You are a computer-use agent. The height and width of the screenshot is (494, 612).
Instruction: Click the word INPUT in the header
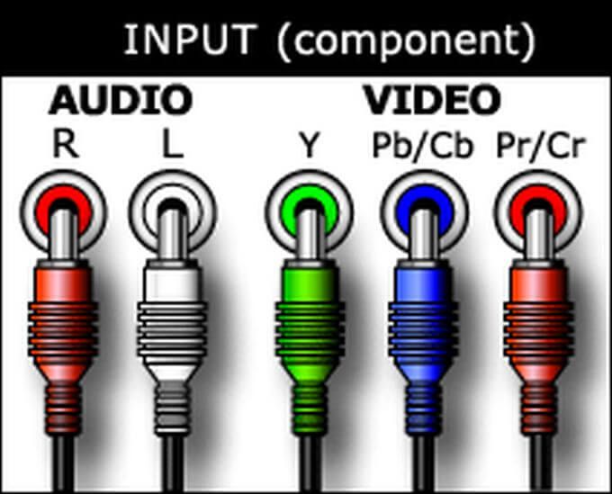tap(191, 40)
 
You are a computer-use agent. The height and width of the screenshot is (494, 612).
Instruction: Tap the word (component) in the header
tap(406, 41)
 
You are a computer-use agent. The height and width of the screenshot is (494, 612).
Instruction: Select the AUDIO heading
tap(121, 100)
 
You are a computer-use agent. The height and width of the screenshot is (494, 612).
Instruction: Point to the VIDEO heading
tap(432, 100)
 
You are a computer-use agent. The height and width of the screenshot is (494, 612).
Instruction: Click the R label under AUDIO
tap(65, 144)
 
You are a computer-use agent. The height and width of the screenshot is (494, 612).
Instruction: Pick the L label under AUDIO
tap(173, 144)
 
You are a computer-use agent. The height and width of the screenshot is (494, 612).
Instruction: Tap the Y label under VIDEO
tap(309, 144)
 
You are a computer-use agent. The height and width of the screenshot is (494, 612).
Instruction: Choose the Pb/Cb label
tap(423, 146)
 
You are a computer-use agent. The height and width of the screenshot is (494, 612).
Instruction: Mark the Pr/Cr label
tap(541, 146)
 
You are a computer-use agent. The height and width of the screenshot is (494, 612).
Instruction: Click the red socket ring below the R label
tap(63, 213)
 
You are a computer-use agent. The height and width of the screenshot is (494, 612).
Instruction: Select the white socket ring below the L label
tap(172, 213)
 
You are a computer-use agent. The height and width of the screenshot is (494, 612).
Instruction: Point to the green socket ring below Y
tap(309, 213)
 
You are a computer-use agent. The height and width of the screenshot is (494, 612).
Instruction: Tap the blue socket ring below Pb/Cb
tap(424, 213)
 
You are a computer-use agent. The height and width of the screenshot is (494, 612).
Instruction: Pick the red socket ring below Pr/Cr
tap(538, 213)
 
